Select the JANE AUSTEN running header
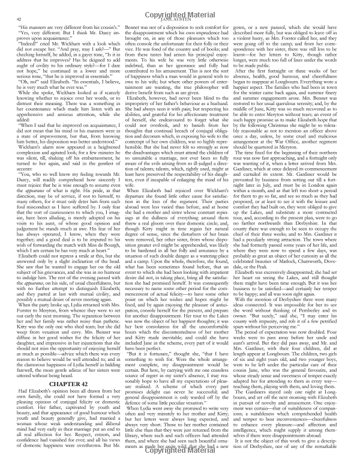pyautogui.click(x=179, y=19)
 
